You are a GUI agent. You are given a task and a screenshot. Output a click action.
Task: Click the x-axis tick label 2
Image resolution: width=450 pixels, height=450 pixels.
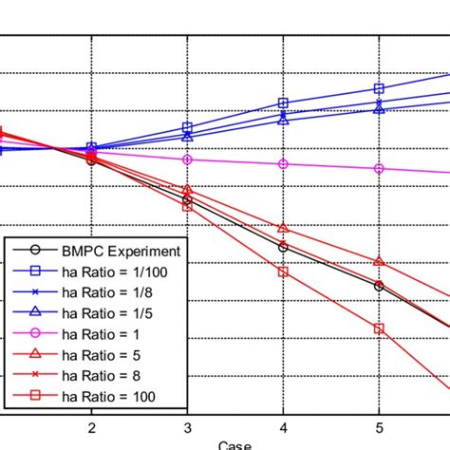[x=91, y=426]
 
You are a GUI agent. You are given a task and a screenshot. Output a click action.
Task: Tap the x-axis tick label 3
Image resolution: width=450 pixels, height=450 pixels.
[x=187, y=426]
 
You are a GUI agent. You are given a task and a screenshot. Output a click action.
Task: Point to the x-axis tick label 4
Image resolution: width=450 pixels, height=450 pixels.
[x=283, y=426]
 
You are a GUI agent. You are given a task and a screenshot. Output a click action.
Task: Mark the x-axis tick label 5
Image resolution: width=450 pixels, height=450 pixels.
[x=379, y=426]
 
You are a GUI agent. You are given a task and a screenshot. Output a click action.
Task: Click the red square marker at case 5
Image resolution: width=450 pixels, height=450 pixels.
[x=379, y=328]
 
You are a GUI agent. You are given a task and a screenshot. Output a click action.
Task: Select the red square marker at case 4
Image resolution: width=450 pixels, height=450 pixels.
[x=283, y=272]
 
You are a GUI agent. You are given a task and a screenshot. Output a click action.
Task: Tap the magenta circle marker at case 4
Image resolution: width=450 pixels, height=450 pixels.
[x=283, y=164]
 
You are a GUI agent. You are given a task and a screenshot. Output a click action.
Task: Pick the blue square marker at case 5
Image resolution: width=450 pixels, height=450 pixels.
[x=379, y=89]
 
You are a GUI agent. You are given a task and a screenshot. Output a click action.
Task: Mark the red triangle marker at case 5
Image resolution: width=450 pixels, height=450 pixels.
[x=379, y=261]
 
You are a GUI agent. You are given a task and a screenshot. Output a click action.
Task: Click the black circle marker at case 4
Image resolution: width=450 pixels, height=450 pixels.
[x=283, y=247]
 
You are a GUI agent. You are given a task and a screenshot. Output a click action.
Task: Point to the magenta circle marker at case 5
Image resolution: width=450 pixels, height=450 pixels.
[x=379, y=169]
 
